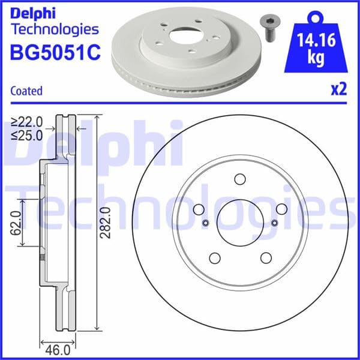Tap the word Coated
coord(26,91)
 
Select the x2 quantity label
coord(339,89)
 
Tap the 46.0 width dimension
coord(59,347)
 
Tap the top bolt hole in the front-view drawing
coord(240,179)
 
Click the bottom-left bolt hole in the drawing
coord(214,257)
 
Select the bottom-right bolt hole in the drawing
coord(265,257)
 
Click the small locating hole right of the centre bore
coord(274,223)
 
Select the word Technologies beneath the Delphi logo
coord(54,28)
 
